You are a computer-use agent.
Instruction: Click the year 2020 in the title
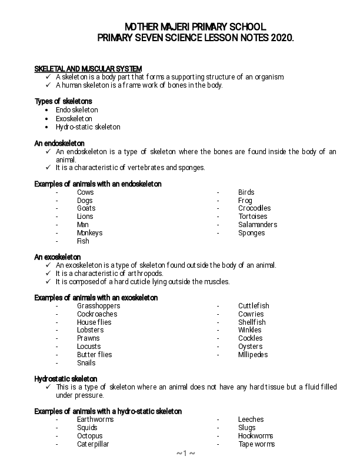click(281, 38)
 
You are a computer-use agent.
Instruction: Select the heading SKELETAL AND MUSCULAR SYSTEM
click(88, 69)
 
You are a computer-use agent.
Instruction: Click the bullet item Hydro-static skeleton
click(88, 127)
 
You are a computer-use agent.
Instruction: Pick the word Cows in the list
click(85, 192)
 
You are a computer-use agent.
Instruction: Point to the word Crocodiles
click(255, 208)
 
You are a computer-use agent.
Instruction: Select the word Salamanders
click(258, 225)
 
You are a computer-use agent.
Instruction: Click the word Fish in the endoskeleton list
click(83, 241)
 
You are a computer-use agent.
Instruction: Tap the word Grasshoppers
click(98, 306)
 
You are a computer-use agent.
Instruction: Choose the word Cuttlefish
click(254, 306)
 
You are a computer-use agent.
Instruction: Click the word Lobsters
click(89, 330)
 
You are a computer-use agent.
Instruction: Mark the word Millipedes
click(253, 355)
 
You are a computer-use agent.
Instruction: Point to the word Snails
click(86, 363)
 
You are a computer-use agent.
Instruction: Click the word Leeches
click(251, 420)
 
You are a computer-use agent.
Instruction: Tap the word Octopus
click(89, 436)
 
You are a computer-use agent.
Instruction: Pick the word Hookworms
click(256, 436)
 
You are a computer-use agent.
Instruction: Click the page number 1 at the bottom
click(185, 454)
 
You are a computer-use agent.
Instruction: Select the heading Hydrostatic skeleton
click(66, 379)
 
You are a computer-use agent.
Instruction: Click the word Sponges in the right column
click(252, 233)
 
